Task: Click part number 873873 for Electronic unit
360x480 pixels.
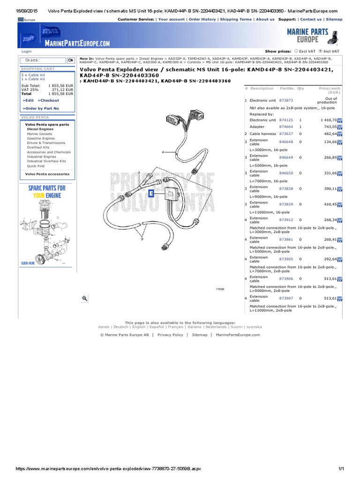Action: point(286,100)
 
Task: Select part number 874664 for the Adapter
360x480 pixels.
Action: point(286,127)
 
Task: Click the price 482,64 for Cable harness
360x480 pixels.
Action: point(328,134)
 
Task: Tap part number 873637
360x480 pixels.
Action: point(286,134)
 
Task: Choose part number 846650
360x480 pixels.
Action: point(286,173)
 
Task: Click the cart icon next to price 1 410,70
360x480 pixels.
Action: point(340,120)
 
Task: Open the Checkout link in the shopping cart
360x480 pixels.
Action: point(49,100)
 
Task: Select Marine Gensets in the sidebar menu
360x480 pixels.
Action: point(40,134)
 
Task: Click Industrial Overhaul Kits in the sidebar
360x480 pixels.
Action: point(46,161)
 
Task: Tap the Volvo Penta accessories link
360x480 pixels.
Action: point(47,174)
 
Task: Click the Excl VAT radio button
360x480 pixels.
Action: point(296,51)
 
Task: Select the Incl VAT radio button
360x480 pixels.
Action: point(321,51)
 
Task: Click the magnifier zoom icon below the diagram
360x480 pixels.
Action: point(85,298)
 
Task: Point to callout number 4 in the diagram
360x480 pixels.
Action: point(163,152)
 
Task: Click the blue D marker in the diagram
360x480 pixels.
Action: point(151,193)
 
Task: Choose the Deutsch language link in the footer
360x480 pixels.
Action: point(120,327)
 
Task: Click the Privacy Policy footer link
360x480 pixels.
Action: point(170,335)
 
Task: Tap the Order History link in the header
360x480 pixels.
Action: point(202,19)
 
